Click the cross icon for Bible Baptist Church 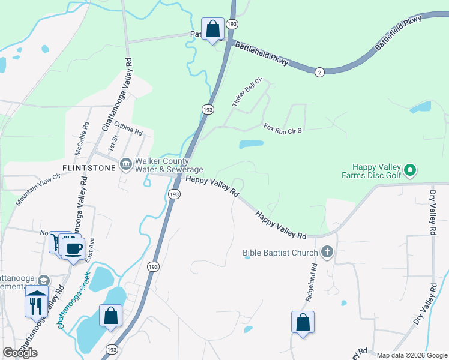(x=327, y=252)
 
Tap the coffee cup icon (x=73, y=248)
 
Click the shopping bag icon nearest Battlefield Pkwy (x=212, y=28)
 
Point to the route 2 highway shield (x=319, y=72)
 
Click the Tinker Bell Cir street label (x=248, y=92)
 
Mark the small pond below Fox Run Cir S (x=251, y=145)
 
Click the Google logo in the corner (x=20, y=352)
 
